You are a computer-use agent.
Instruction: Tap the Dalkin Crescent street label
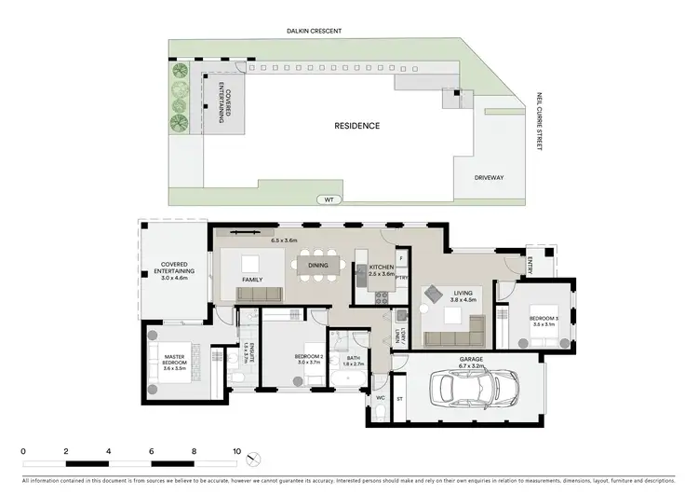coord(314,31)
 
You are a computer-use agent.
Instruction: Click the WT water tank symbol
coord(328,199)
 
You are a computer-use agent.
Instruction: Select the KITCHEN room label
coord(382,271)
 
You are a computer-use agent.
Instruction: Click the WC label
coord(380,398)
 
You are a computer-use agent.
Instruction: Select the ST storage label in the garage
coord(400,398)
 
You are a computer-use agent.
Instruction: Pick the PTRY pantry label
coord(401,277)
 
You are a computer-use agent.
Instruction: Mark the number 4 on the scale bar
coord(109,450)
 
